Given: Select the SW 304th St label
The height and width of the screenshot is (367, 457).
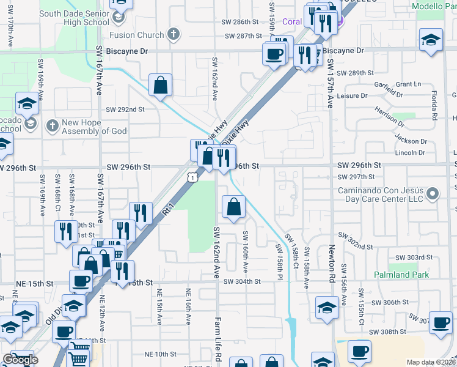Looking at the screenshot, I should click(242, 281).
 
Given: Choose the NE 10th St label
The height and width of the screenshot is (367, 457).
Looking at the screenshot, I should click(160, 354).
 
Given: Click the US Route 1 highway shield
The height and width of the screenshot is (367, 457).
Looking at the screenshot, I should click(192, 177).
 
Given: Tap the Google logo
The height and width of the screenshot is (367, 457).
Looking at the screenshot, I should click(20, 360).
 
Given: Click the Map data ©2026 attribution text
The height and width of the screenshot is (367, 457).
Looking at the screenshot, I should click(431, 362).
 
